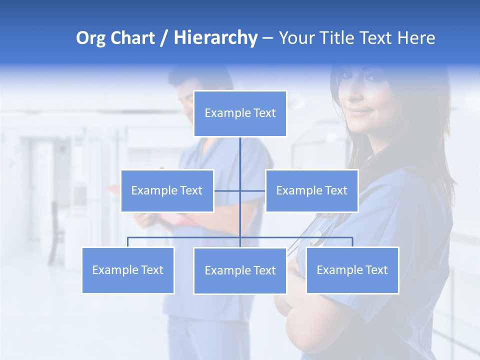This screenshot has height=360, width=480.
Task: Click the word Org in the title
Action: (90, 38)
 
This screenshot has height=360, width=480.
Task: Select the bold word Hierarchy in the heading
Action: (215, 38)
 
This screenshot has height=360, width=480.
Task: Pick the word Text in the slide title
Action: (381, 38)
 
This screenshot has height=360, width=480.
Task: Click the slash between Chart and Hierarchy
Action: (164, 38)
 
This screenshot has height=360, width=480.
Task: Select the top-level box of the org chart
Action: (240, 113)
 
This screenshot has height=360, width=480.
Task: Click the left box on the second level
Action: (167, 190)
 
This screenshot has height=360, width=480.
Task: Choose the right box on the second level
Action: (311, 190)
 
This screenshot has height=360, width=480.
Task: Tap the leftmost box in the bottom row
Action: (128, 270)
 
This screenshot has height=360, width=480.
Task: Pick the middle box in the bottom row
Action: (240, 270)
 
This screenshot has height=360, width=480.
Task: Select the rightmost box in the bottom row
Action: (352, 270)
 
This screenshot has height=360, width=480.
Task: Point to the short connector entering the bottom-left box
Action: (128, 242)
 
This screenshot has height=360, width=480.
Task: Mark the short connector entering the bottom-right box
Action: (352, 242)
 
